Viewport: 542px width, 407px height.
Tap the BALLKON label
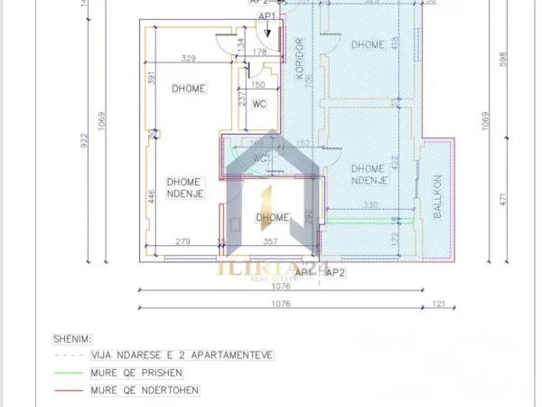pyautogui.click(x=436, y=196)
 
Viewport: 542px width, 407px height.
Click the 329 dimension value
pyautogui.click(x=189, y=59)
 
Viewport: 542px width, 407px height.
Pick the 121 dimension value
pyautogui.click(x=439, y=303)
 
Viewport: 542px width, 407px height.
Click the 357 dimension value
pyautogui.click(x=270, y=241)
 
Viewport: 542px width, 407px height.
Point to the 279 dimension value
pyautogui.click(x=182, y=241)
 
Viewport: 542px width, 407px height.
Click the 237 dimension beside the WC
pyautogui.click(x=242, y=99)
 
